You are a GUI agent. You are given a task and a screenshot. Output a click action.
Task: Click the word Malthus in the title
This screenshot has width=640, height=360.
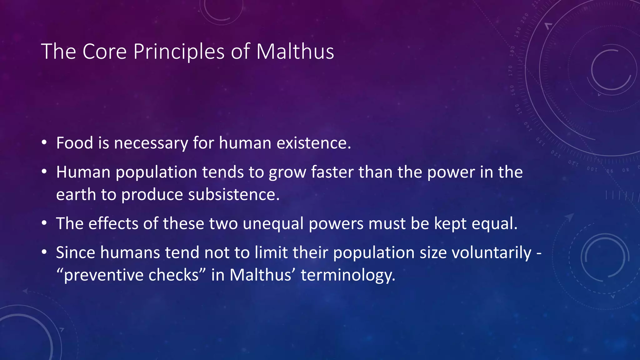point(295,52)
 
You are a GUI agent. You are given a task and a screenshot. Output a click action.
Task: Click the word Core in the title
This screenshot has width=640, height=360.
point(104,52)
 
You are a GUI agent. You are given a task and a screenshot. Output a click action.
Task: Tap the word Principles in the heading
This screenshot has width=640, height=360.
point(179,52)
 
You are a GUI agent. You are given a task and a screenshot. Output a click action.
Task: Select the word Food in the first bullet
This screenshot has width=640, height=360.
point(75,143)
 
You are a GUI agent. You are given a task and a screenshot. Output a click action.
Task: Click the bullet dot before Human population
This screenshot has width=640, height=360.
point(44,172)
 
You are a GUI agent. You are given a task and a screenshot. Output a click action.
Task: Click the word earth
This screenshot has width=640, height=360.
point(76,195)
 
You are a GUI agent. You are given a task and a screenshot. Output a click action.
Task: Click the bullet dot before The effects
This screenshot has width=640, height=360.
point(44,223)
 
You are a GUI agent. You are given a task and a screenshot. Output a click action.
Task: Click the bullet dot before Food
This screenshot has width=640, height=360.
point(44,143)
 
